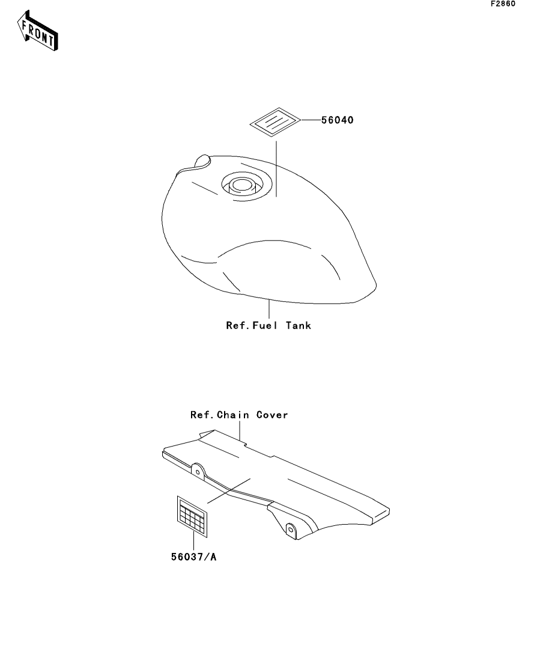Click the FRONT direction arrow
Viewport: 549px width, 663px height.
[37, 31]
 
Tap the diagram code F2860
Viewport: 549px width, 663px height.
[503, 4]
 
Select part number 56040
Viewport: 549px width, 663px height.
[337, 120]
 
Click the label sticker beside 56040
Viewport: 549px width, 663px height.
[275, 122]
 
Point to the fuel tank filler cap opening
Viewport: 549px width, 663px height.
[241, 185]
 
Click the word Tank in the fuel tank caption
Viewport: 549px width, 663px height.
[299, 326]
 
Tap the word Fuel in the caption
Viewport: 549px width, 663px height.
[265, 326]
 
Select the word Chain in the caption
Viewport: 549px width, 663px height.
[232, 415]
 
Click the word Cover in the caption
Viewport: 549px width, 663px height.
[272, 415]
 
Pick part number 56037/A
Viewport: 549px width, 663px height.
[193, 557]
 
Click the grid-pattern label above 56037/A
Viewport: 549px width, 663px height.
[192, 517]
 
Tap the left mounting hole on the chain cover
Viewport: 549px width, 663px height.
[198, 472]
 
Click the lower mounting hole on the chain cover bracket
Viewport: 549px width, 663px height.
[290, 530]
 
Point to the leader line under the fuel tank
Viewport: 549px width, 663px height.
[269, 309]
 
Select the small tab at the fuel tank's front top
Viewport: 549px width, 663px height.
[202, 161]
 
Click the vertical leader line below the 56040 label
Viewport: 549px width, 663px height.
[276, 169]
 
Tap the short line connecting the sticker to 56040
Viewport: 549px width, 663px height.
[311, 120]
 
